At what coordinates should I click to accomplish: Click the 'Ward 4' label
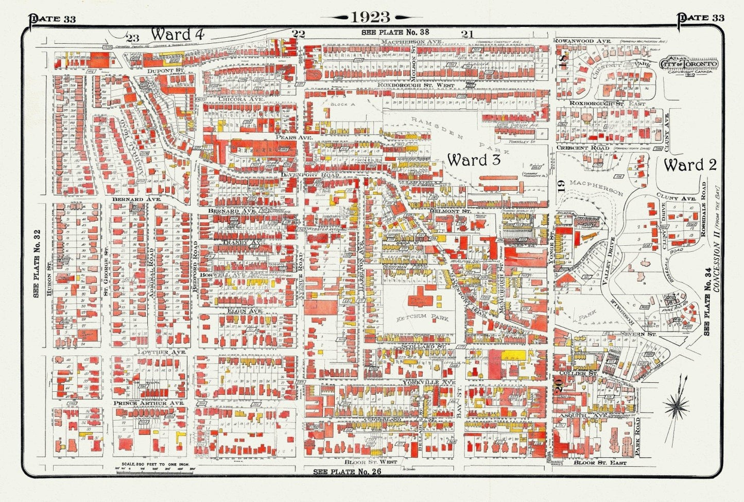point(177,35)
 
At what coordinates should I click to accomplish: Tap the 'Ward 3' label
point(474,160)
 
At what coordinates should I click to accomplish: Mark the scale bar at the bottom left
point(149,468)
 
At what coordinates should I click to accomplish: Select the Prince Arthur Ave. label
point(148,403)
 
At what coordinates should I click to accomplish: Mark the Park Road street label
point(637,436)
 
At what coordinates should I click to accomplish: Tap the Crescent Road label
point(582,148)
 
